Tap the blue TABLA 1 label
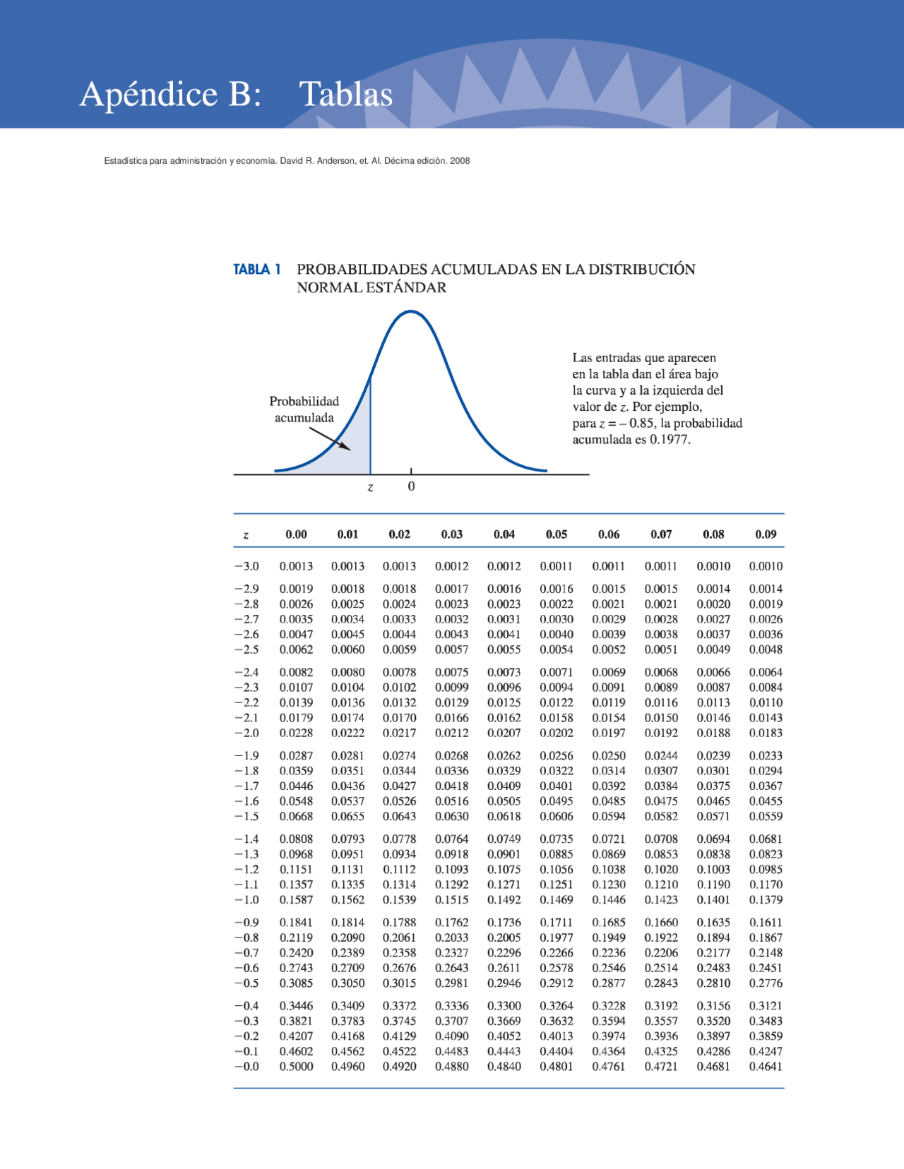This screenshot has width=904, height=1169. point(256,270)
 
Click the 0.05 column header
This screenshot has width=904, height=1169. point(557,534)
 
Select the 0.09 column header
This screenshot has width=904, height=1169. point(766,534)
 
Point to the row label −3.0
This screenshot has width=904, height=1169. point(246,566)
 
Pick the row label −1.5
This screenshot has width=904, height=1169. point(246,816)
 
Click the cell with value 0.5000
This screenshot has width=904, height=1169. point(296,1066)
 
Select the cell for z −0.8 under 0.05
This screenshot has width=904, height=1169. point(557,937)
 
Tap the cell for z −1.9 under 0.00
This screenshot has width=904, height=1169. point(296,755)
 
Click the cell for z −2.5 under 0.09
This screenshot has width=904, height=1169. point(766,649)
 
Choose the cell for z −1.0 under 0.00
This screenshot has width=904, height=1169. point(296,899)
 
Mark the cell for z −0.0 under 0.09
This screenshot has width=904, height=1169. point(766,1066)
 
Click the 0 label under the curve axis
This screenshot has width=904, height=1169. point(411,486)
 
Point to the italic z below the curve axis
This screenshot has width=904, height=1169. point(370,488)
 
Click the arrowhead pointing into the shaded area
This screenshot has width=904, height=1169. point(345,447)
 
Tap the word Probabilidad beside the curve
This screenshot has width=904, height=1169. point(304,402)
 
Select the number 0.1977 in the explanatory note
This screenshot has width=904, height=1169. point(670,440)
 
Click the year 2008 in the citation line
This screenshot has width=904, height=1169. point(460,161)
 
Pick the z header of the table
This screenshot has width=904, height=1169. point(246,535)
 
